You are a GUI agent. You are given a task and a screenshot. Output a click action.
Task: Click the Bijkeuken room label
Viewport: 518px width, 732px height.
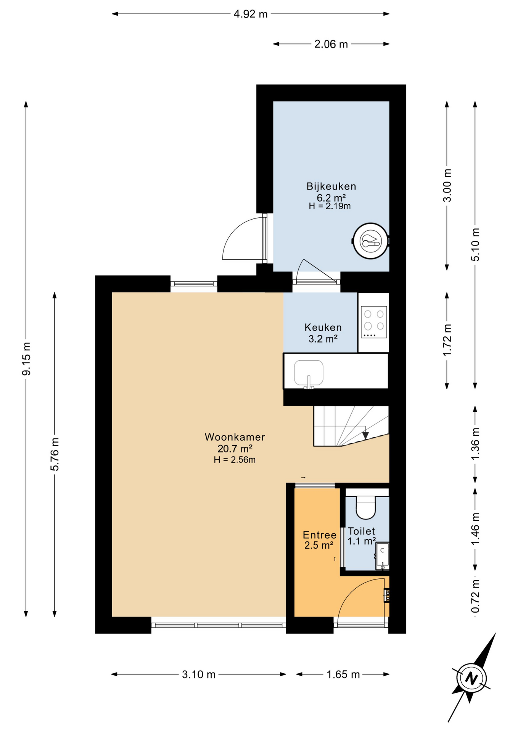pos(331,186)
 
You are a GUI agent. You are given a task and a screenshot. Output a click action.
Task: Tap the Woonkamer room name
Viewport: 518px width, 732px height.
pos(235,437)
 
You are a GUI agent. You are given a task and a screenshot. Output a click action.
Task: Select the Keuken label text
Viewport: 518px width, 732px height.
pos(323,327)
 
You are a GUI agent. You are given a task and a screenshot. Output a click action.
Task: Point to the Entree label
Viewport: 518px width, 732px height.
pos(319,535)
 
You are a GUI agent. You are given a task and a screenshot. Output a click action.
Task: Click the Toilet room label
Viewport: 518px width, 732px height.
pos(362,531)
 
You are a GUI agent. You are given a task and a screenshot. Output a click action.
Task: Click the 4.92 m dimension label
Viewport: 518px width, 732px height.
pos(251,14)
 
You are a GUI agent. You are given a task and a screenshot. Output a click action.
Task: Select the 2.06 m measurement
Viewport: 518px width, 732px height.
pos(331,44)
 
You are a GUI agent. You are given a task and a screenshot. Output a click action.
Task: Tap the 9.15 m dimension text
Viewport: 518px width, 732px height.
pos(26,359)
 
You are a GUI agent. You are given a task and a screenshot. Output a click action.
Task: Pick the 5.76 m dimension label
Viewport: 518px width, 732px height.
pos(55,454)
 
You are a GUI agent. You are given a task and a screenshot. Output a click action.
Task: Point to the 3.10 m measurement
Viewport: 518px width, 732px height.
pos(199,674)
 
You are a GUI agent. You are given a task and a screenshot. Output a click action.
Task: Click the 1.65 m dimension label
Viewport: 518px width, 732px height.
pos(343,674)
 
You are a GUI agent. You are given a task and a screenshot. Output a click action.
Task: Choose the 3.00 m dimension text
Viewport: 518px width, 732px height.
pos(447,185)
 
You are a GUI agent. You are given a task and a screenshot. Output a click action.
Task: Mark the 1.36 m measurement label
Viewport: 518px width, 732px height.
pos(475,444)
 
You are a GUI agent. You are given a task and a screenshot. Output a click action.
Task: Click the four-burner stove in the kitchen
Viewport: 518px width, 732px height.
pos(374,323)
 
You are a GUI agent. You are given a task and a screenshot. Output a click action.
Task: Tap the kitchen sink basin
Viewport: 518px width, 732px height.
pos(309,373)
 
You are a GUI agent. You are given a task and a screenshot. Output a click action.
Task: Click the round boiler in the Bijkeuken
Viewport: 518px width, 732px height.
pos(370,241)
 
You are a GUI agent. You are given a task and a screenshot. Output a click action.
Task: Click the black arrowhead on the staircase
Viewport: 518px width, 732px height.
pos(365,435)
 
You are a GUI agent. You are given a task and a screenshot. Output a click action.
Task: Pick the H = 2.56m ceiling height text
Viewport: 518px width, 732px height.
pos(235,460)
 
